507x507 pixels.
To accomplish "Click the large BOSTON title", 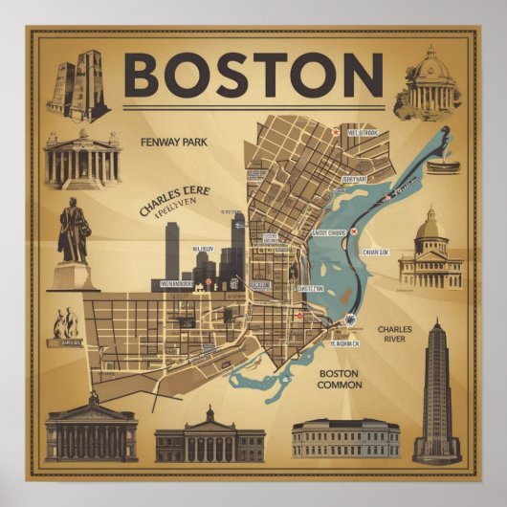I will [x=253, y=74].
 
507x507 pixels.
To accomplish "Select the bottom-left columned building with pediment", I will [x=91, y=430].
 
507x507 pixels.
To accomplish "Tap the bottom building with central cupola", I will [x=209, y=435].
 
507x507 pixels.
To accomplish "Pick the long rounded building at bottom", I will [x=345, y=438].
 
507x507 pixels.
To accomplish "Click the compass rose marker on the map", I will [x=351, y=320].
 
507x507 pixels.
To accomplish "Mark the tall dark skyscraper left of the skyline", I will [x=172, y=251].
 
